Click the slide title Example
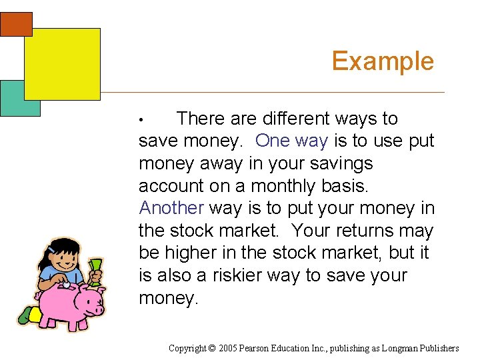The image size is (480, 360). [383, 61]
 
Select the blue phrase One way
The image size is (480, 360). [291, 141]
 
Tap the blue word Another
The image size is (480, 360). [171, 208]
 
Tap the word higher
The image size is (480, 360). [196, 253]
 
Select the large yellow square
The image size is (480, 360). [62, 64]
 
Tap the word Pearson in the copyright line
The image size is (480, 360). [255, 348]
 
